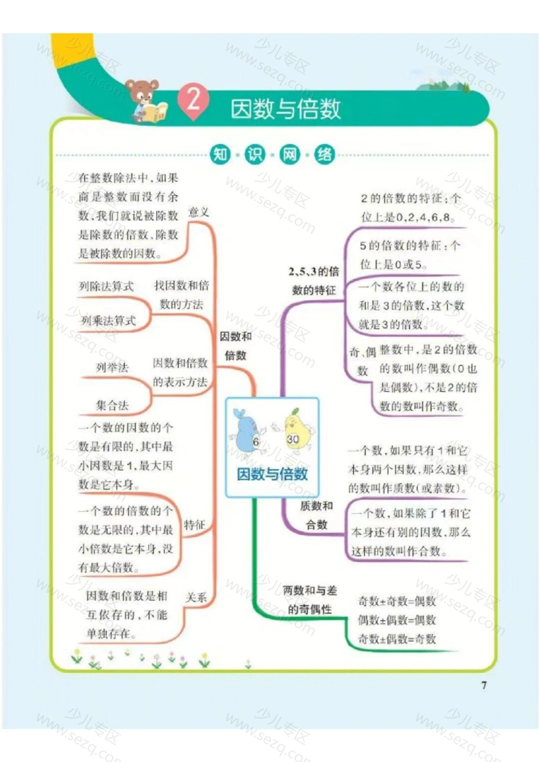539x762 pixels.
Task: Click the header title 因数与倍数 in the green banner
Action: tap(285, 108)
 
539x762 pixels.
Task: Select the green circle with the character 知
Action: tap(220, 154)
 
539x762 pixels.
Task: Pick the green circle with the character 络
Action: tap(324, 154)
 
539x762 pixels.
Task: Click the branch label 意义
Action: tap(198, 212)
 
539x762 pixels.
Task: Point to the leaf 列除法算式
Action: tap(106, 286)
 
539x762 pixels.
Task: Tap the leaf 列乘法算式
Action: tap(108, 320)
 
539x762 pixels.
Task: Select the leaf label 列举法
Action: tap(113, 367)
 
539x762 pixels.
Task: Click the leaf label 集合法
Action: tap(113, 405)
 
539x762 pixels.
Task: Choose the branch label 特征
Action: tap(195, 525)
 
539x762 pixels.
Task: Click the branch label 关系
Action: tap(196, 597)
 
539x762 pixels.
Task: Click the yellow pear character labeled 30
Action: tap(294, 431)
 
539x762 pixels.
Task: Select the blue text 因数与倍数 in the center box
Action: tap(272, 474)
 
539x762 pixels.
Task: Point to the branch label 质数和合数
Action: tap(317, 515)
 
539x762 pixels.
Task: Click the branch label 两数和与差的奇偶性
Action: tap(310, 600)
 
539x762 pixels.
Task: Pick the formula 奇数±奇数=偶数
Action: tap(397, 601)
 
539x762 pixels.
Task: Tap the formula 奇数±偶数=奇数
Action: tap(397, 639)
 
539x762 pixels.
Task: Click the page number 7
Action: tap(484, 685)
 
